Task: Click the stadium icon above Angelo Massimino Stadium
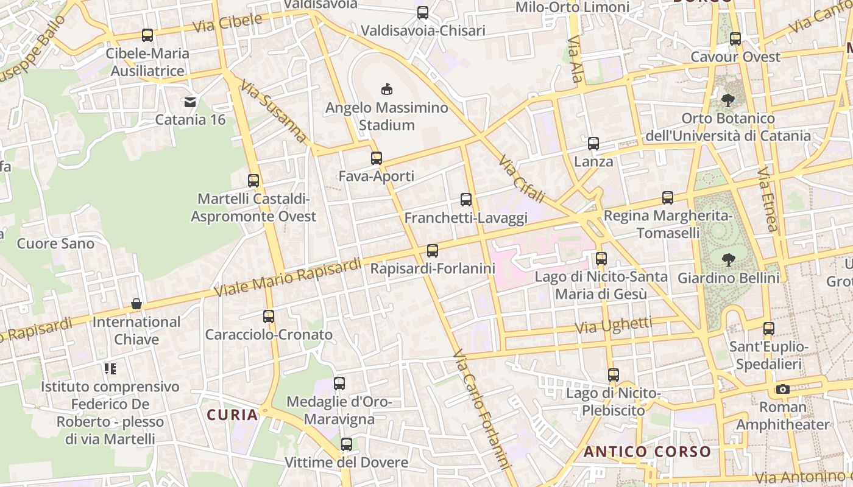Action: pos(386,89)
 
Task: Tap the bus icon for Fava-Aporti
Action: pos(377,158)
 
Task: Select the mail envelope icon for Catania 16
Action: pos(190,102)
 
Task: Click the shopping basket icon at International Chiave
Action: pos(136,304)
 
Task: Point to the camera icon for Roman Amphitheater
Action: pos(782,389)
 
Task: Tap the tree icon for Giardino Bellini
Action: pos(728,260)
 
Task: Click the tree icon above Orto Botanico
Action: pos(727,100)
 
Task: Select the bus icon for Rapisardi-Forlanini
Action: pos(433,250)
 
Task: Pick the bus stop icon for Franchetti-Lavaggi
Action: pos(466,200)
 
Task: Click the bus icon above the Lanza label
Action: pos(593,144)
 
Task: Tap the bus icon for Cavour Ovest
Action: pos(735,39)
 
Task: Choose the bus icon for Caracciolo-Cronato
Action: pos(269,317)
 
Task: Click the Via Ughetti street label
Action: pos(613,326)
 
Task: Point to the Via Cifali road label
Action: pos(521,180)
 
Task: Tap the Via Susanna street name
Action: pos(274,112)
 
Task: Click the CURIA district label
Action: pos(232,415)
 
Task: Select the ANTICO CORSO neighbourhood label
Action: pos(647,452)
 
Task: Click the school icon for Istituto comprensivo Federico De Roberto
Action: pos(110,368)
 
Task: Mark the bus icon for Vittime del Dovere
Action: pos(347,444)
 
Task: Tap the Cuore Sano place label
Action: pos(55,244)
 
